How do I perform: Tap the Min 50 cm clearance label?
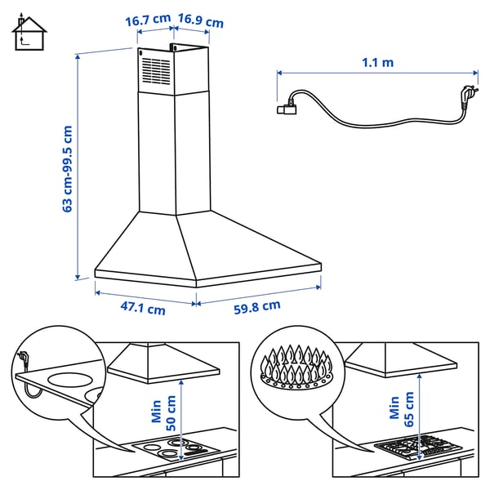163,415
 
